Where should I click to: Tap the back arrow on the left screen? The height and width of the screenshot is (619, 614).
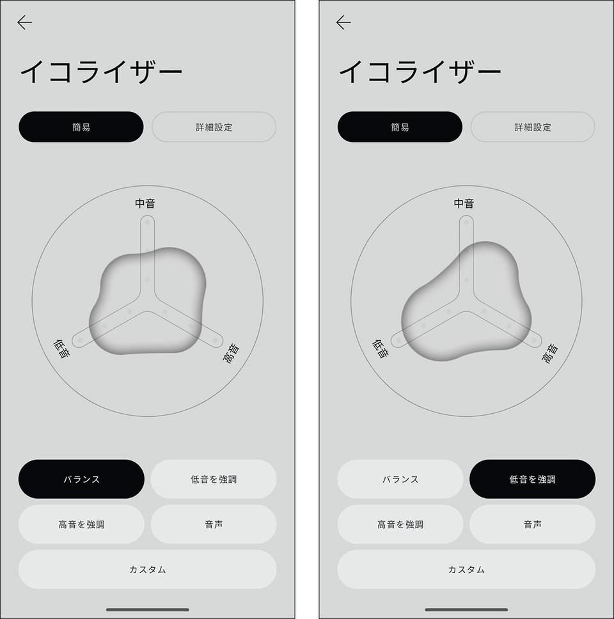(24, 22)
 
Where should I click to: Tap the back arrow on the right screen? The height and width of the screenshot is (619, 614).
(343, 22)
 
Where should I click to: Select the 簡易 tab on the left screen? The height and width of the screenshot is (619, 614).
(81, 127)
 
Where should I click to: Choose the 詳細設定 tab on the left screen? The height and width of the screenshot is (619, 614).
(214, 127)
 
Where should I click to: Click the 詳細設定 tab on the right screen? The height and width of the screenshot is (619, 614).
(532, 127)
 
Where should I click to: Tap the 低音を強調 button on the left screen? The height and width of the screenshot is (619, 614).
(214, 479)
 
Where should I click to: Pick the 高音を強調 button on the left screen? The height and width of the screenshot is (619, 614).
(81, 524)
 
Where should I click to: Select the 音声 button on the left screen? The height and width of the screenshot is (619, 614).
(214, 524)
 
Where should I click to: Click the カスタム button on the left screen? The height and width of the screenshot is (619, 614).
(147, 569)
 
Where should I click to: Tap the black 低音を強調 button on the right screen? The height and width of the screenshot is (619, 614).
(532, 479)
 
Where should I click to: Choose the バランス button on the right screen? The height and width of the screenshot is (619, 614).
(400, 479)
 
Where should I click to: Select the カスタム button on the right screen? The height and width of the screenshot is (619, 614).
(466, 569)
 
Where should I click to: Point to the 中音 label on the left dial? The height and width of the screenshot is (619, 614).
(145, 203)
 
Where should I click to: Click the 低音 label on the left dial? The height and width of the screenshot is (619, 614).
(61, 349)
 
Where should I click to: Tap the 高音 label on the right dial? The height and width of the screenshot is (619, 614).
(550, 354)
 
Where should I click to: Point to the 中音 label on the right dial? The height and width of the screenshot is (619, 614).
(464, 203)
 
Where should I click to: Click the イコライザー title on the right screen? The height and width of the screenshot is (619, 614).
(420, 72)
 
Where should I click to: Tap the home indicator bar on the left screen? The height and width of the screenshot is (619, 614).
(147, 609)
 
